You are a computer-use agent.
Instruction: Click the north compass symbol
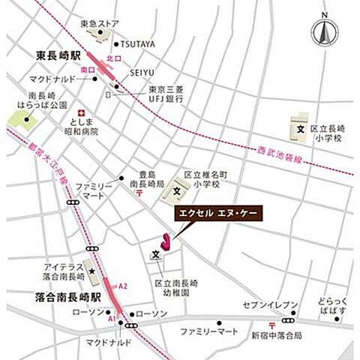(x=324, y=31)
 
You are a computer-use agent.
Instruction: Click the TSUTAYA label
(x=139, y=44)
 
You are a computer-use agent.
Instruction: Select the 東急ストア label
(x=103, y=23)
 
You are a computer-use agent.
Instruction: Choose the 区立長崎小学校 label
(x=327, y=133)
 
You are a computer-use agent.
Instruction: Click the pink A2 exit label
(x=124, y=286)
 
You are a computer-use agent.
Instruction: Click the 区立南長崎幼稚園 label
(x=177, y=289)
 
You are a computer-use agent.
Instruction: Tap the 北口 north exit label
(x=112, y=57)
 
